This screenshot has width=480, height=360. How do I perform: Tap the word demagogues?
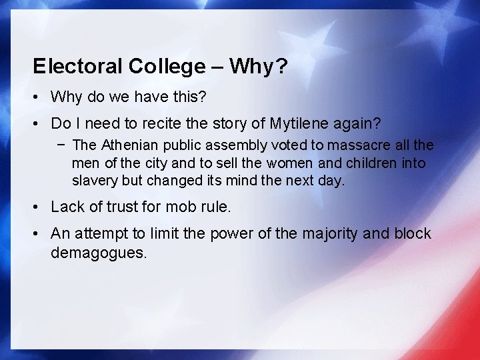click(x=98, y=252)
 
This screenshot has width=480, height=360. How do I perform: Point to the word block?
click(x=413, y=234)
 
